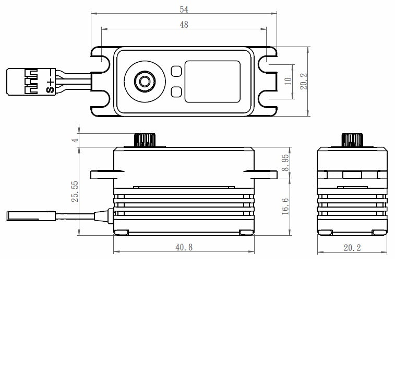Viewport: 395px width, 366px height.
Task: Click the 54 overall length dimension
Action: tap(184, 9)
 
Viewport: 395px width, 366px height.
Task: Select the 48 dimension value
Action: tap(184, 25)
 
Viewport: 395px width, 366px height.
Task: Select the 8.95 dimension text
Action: tap(285, 163)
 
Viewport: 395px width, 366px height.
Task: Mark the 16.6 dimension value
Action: tap(285, 207)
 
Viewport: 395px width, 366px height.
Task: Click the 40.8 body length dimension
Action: tap(184, 247)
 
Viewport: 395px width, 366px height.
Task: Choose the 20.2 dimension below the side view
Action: tap(352, 247)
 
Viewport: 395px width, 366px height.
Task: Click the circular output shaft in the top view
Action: tap(143, 81)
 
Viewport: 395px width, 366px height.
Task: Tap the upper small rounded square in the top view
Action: tap(176, 70)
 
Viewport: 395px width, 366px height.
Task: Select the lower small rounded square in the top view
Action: tap(176, 92)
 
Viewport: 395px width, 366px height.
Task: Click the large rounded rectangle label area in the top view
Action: tap(212, 81)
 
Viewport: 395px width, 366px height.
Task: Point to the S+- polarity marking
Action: tap(50, 82)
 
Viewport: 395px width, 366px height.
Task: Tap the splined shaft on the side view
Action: tap(352, 140)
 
